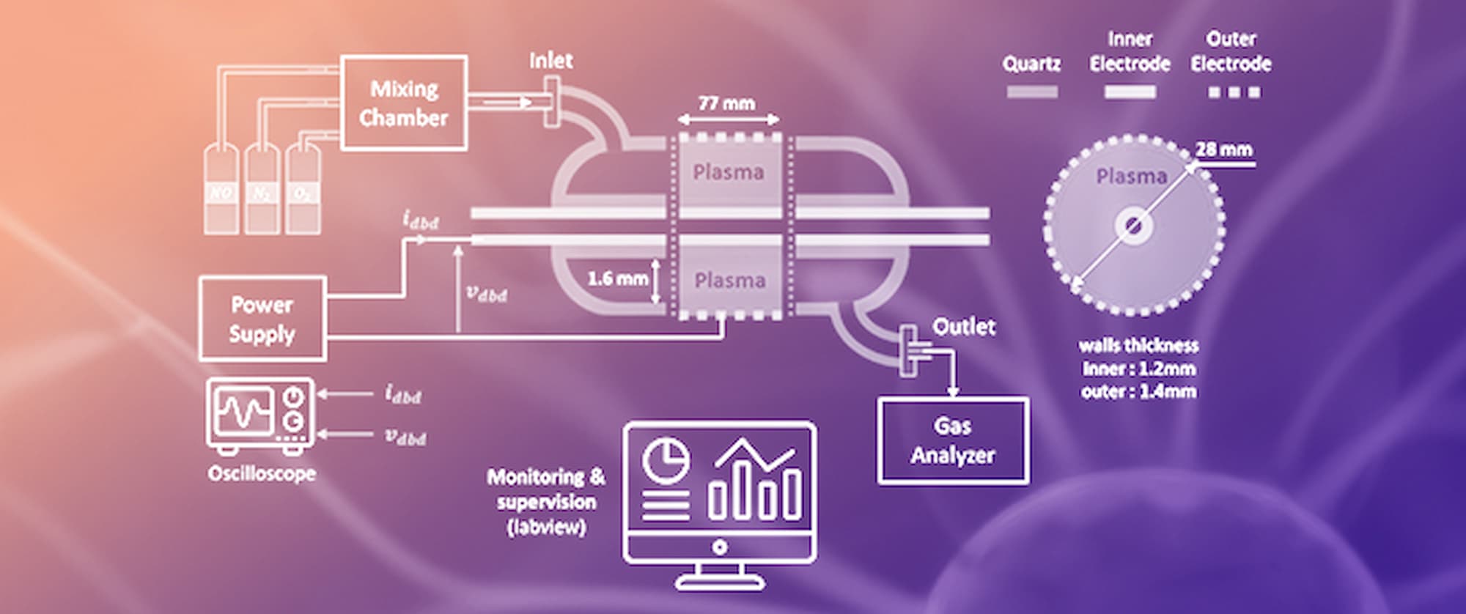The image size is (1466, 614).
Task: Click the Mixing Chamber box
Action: point(403,103)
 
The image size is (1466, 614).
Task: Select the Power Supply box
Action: point(262,319)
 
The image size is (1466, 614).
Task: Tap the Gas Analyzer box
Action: point(952,440)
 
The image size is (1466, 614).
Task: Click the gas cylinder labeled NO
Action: point(221,192)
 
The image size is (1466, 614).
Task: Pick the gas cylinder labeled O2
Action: point(303,192)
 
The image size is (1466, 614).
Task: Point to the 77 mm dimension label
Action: point(726,103)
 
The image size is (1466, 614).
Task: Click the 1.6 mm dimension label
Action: point(617,278)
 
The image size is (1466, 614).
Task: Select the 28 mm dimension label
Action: point(1223,149)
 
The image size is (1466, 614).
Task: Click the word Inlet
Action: point(550,61)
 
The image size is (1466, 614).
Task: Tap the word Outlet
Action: point(963,327)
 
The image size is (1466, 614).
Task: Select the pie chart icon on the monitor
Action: point(666,461)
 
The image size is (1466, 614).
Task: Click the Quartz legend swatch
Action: point(1031,92)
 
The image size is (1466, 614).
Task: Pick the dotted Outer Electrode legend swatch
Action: point(1234,92)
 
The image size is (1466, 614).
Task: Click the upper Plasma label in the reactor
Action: point(728,172)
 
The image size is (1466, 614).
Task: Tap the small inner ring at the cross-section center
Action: point(1133,226)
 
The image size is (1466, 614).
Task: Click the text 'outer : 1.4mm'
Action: point(1138,392)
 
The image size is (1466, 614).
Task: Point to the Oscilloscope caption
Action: point(262,473)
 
